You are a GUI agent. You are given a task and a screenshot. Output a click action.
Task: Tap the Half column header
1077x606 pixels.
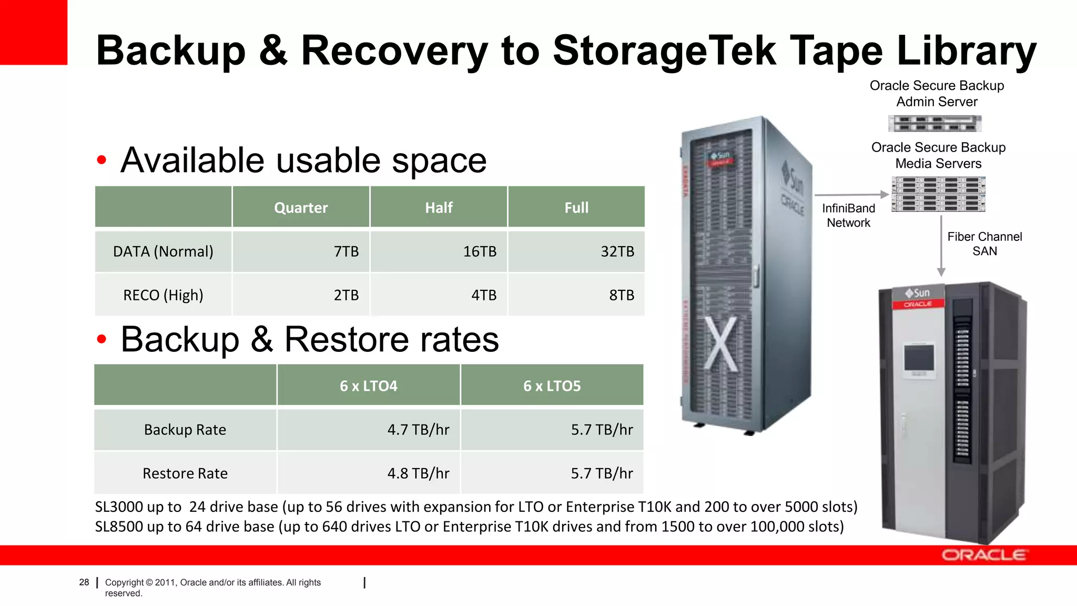click(439, 207)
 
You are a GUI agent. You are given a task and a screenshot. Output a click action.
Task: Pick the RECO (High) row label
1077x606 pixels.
click(163, 295)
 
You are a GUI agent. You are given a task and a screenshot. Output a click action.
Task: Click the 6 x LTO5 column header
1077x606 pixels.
click(552, 386)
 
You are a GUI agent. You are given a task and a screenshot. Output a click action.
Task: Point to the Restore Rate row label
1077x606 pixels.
click(185, 473)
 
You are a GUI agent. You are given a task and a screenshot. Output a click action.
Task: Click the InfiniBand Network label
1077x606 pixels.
click(848, 216)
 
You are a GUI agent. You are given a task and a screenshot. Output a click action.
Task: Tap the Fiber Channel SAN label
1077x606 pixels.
click(984, 244)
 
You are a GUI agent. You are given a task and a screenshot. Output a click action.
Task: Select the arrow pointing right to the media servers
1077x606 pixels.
click(851, 195)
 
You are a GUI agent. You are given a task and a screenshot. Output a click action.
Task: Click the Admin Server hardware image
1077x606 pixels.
click(935, 124)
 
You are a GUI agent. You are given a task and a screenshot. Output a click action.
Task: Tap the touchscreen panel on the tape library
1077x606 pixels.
click(919, 359)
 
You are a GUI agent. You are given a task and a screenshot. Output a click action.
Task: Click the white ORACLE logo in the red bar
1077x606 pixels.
click(983, 555)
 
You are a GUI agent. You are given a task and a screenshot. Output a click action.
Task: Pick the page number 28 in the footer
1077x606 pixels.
click(84, 582)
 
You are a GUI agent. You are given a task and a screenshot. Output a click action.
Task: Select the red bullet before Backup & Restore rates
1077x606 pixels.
click(101, 339)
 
